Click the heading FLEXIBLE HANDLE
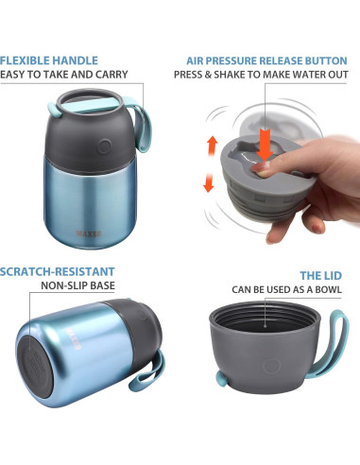49,60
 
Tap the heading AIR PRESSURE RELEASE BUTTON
266,60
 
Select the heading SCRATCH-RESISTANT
58,271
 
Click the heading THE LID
320,276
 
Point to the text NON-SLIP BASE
77,285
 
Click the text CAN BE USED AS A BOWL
286,289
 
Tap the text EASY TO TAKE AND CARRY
64,75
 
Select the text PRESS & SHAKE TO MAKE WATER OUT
261,75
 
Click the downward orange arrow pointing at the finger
265,145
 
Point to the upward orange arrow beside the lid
213,145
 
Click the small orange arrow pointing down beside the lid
209,182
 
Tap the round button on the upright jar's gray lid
104,146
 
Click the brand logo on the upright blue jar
89,233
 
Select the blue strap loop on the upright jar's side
144,125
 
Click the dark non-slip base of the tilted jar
34,367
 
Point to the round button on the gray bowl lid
271,367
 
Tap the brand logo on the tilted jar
74,338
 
